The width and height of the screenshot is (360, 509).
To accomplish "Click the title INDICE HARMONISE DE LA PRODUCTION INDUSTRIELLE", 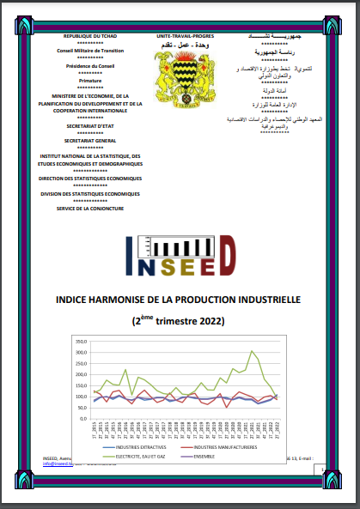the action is click(x=179, y=301).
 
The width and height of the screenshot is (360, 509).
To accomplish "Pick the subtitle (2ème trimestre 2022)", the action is click(x=179, y=322).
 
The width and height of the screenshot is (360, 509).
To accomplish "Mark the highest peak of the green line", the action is click(x=252, y=350).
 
